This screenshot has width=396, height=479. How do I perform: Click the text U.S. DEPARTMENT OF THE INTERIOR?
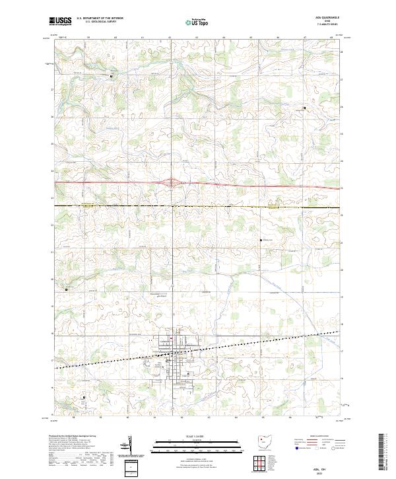coord(100,18)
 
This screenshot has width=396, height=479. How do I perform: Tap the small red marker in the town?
coord(171,340)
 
